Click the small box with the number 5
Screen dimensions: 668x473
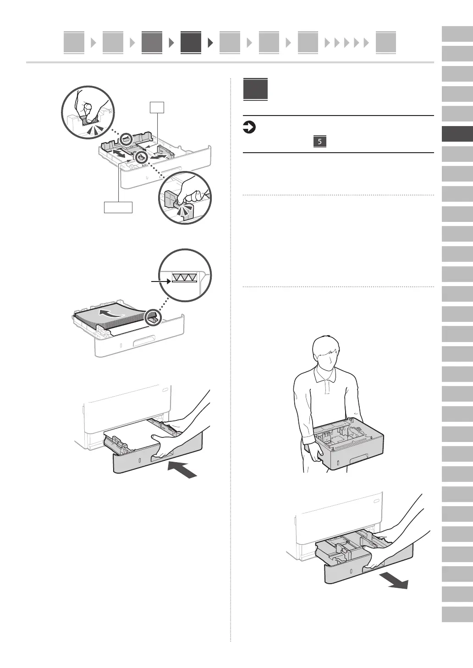[319, 141]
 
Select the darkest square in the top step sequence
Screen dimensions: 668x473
[191, 43]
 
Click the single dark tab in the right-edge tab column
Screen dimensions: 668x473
[457, 134]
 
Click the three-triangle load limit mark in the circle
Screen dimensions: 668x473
[184, 276]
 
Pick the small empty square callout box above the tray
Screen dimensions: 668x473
[157, 107]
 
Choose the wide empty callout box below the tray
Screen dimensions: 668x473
[118, 207]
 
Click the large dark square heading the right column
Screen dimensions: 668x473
[255, 89]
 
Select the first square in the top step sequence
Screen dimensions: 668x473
[74, 43]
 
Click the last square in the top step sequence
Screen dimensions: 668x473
[385, 43]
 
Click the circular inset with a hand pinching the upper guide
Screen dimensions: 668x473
[88, 112]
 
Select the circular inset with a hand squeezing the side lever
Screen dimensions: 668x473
[185, 198]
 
